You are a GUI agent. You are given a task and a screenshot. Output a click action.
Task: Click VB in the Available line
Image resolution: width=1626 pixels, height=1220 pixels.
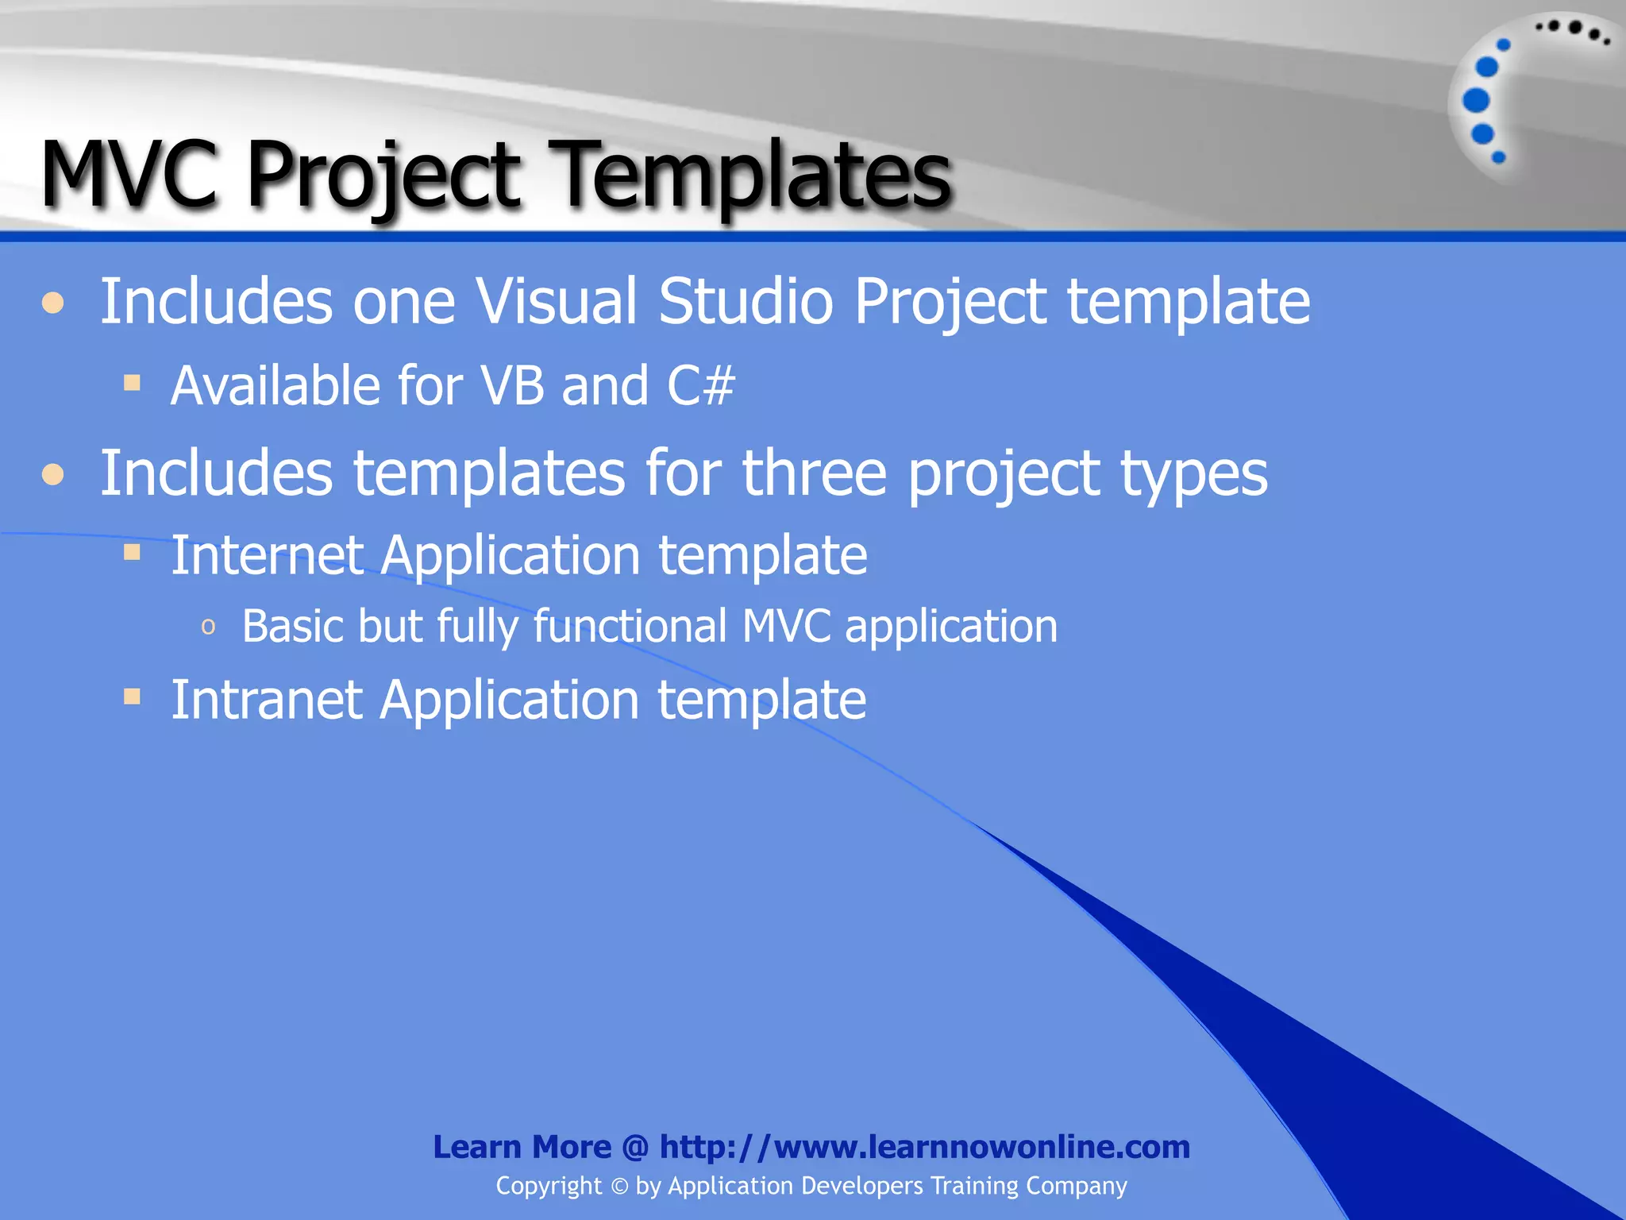pyautogui.click(x=514, y=386)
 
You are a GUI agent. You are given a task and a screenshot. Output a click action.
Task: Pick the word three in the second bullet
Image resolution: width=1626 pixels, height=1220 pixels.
pyautogui.click(x=814, y=473)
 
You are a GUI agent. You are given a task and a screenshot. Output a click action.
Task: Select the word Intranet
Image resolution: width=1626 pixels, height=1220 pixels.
pyautogui.click(x=267, y=700)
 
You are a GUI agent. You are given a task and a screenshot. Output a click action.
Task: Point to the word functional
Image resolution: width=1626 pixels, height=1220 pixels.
pyautogui.click(x=630, y=626)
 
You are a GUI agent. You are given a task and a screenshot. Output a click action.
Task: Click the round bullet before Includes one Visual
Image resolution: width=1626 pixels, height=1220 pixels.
pyautogui.click(x=53, y=303)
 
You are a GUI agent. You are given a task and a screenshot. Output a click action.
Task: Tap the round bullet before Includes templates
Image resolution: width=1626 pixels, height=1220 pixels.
pyautogui.click(x=53, y=475)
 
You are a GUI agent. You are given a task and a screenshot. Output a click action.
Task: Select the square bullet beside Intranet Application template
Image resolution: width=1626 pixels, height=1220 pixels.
pyautogui.click(x=133, y=697)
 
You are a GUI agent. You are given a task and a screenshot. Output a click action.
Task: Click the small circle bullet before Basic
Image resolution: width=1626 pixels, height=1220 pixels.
pyautogui.click(x=208, y=627)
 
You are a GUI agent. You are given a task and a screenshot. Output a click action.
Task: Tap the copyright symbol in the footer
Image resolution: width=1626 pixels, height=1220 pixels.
pyautogui.click(x=619, y=1187)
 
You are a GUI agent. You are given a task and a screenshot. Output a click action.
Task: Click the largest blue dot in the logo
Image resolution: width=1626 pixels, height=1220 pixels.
pyautogui.click(x=1476, y=101)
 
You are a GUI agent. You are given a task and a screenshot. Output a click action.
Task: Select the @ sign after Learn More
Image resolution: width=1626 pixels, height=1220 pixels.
pyautogui.click(x=635, y=1148)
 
